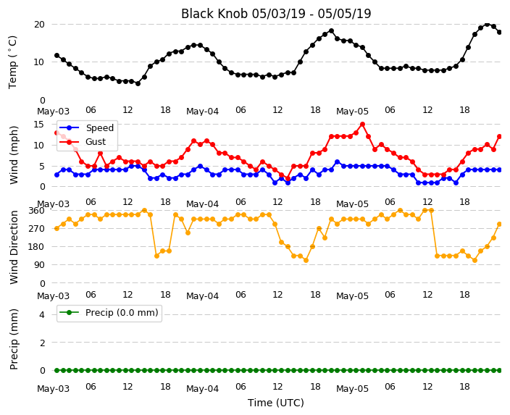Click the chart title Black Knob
click(214, 14)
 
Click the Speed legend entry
click(86, 127)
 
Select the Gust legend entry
click(83, 142)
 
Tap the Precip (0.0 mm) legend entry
click(109, 313)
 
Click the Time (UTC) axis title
click(276, 403)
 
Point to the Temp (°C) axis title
click(13, 62)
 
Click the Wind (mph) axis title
click(14, 155)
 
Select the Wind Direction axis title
click(14, 247)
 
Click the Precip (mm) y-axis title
click(14, 339)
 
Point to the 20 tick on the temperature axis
click(39, 25)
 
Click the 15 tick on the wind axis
click(38, 125)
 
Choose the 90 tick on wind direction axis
click(39, 265)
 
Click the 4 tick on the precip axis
click(42, 314)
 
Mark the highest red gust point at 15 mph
click(362, 125)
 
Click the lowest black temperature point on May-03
click(138, 83)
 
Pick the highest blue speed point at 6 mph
click(338, 162)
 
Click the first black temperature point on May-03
click(57, 56)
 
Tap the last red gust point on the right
click(500, 137)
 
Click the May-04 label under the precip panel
click(202, 389)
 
